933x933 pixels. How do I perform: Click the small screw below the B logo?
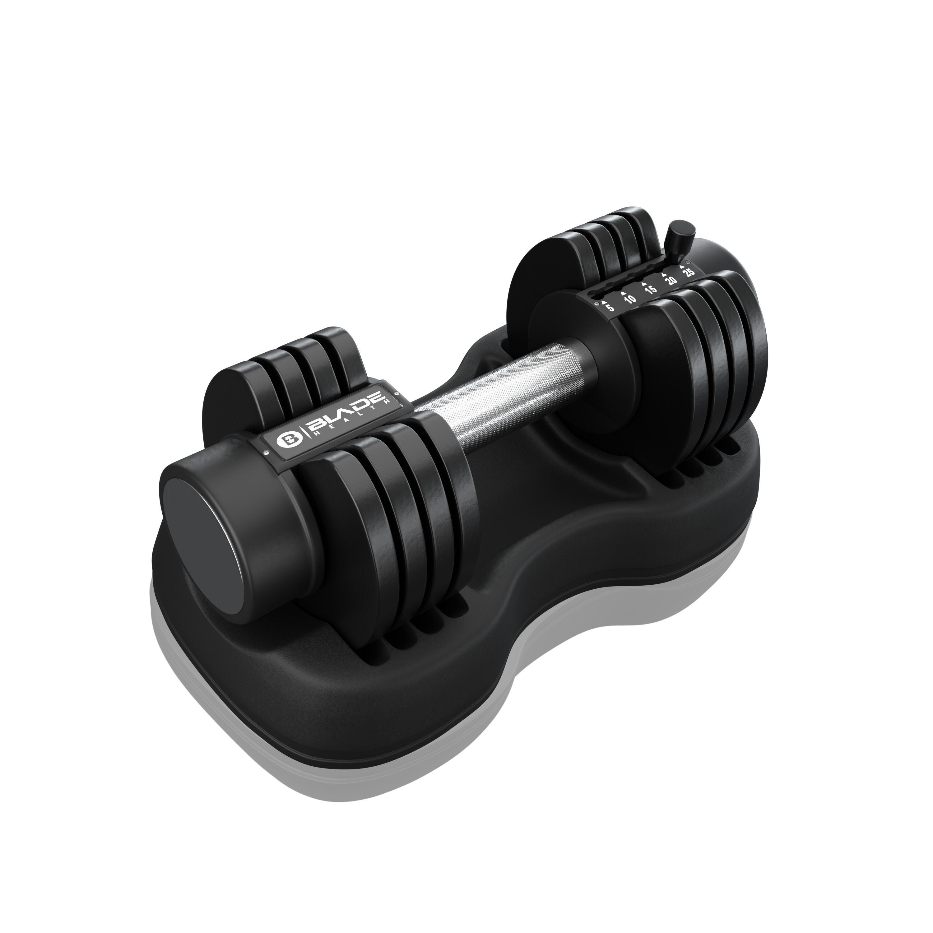pyautogui.click(x=266, y=453)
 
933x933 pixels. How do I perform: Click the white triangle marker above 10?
pyautogui.click(x=624, y=294)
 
